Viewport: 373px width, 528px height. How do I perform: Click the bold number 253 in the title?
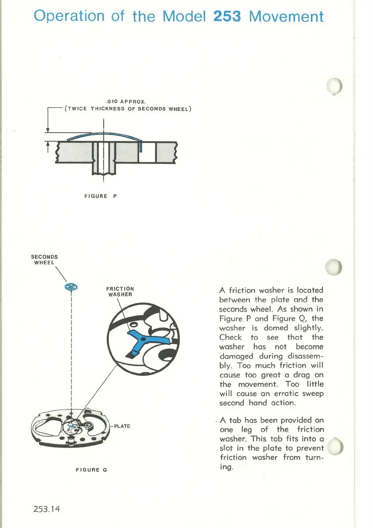tap(227, 16)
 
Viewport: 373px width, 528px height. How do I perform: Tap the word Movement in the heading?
tap(286, 16)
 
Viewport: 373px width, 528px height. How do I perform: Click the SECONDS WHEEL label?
tap(44, 259)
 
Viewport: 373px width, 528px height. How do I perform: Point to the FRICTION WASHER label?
tap(120, 291)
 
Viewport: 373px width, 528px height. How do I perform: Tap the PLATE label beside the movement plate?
tap(121, 426)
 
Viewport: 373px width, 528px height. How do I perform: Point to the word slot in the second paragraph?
tap(227, 448)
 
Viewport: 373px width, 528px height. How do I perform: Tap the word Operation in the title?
tap(69, 16)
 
